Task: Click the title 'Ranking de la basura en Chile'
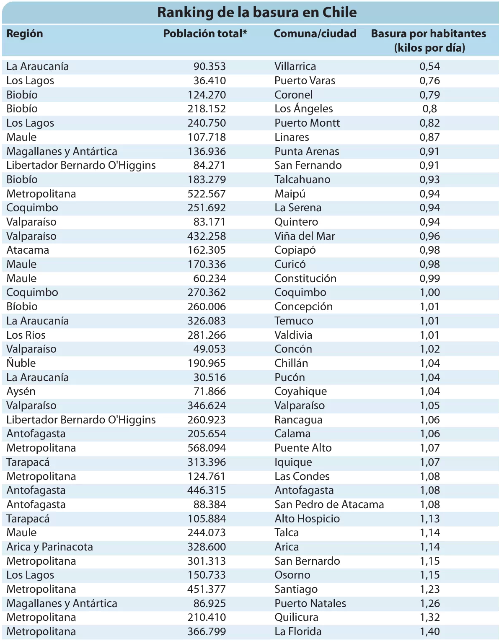[x=257, y=13]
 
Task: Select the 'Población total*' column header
[x=205, y=34]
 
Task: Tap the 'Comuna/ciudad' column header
[x=315, y=34]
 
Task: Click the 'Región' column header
[x=25, y=34]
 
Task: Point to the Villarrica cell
[x=295, y=66]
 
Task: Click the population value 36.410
[x=209, y=80]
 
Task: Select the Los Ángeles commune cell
[x=303, y=109]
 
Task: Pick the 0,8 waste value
[x=429, y=109]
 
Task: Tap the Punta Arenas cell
[x=307, y=151]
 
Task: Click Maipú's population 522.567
[x=207, y=194]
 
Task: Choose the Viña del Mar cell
[x=305, y=236]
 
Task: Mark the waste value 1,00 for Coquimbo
[x=430, y=293]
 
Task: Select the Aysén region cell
[x=21, y=392]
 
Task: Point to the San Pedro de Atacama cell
[x=329, y=504]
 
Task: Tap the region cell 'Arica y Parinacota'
[x=49, y=547]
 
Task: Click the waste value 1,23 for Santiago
[x=430, y=589]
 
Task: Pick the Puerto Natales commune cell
[x=310, y=603]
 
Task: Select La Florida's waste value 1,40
[x=430, y=631]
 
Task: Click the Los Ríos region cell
[x=26, y=335]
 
